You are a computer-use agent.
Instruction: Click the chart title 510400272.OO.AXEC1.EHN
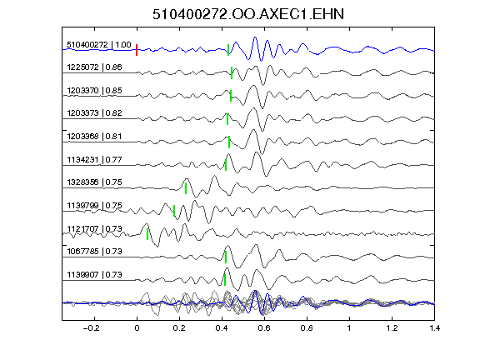click(x=248, y=14)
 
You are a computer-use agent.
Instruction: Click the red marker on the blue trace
click(x=137, y=50)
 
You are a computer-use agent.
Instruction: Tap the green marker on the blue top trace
click(x=228, y=50)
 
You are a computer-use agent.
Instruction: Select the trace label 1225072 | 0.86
click(x=94, y=67)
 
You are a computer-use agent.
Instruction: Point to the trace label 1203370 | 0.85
click(x=94, y=91)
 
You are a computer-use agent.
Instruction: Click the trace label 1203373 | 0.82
click(x=94, y=113)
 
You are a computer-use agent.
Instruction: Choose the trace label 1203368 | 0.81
click(x=94, y=136)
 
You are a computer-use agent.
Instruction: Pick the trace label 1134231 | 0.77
click(x=94, y=160)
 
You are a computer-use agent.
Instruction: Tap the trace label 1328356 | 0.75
click(x=94, y=182)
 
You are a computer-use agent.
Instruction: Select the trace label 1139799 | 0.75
click(x=94, y=205)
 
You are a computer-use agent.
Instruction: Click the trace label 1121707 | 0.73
click(x=94, y=229)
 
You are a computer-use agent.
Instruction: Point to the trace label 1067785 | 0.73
click(x=94, y=252)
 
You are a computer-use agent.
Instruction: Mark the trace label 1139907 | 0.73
click(x=94, y=275)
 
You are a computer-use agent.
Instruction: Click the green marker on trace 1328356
click(x=186, y=188)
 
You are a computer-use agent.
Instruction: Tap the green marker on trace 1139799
click(x=174, y=211)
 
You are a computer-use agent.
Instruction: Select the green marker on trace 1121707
click(x=147, y=234)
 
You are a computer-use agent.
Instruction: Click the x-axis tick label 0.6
click(x=264, y=328)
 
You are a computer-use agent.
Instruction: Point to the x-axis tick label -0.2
click(x=92, y=328)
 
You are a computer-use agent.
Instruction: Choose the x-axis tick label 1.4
click(x=434, y=328)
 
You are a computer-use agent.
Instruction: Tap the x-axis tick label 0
click(x=137, y=328)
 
